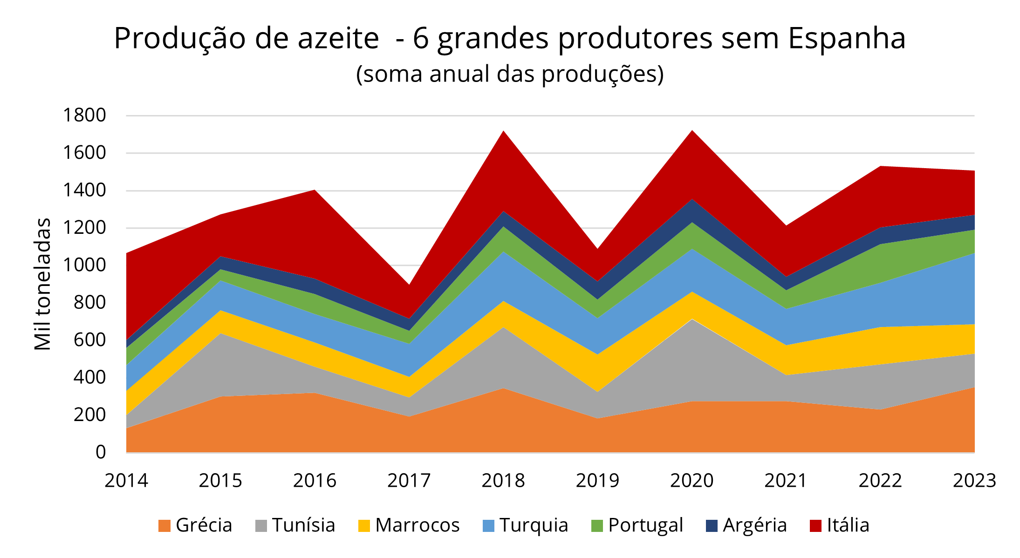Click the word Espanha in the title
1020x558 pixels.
tap(847, 38)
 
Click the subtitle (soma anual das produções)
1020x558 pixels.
tap(510, 74)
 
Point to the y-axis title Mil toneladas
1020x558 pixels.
tap(42, 284)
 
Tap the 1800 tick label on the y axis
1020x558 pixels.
tap(84, 115)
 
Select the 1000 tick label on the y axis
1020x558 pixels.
tap(84, 265)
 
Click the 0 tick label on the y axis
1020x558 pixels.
tap(101, 452)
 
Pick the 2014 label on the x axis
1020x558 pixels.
tap(126, 481)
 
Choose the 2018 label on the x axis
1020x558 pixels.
tap(503, 481)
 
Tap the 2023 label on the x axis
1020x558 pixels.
tap(974, 481)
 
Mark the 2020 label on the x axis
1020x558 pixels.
tap(691, 481)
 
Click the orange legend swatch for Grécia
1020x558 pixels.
tap(164, 526)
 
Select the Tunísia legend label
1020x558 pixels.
tap(303, 525)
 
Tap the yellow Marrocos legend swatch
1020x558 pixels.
tap(364, 526)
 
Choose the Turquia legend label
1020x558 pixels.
tap(534, 525)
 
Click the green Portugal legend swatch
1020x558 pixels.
tap(597, 526)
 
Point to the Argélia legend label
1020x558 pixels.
tap(754, 525)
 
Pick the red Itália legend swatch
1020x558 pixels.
tap(815, 526)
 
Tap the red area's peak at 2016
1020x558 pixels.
tap(315, 191)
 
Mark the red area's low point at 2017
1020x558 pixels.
tap(409, 286)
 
